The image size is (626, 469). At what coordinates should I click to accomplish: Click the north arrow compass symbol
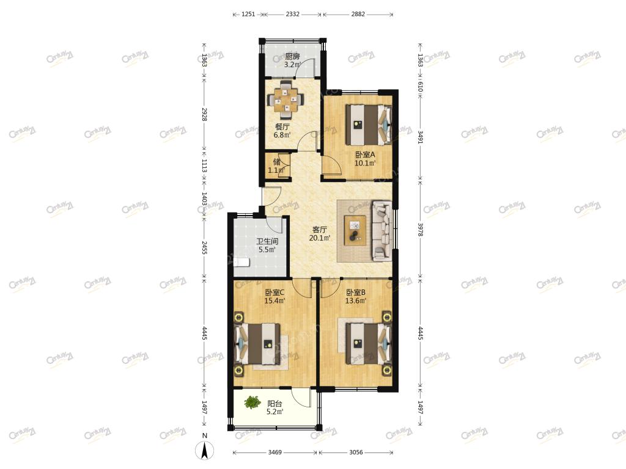204,451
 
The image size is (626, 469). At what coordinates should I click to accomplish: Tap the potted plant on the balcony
251,402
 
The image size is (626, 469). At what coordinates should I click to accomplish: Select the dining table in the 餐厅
285,100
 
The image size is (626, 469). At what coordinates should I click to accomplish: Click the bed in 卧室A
368,125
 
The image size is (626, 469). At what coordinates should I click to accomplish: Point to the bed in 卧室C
257,344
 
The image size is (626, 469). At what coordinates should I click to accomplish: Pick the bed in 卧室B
368,343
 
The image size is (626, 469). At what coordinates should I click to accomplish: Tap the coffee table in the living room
355,228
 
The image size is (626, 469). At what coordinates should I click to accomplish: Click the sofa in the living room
382,230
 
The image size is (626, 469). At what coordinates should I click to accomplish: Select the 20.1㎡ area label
320,238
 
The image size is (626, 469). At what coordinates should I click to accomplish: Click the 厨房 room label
292,57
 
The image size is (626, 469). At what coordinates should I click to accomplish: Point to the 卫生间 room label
267,241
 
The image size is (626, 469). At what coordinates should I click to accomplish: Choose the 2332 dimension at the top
292,14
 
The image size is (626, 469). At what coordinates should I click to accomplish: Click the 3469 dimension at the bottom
274,453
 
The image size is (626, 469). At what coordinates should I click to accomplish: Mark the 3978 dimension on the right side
420,230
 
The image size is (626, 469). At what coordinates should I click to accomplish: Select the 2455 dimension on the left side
204,247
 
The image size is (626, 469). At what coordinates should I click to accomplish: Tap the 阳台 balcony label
274,404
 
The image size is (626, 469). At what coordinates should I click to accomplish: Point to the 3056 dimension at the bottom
356,453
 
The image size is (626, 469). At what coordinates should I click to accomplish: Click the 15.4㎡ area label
274,300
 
